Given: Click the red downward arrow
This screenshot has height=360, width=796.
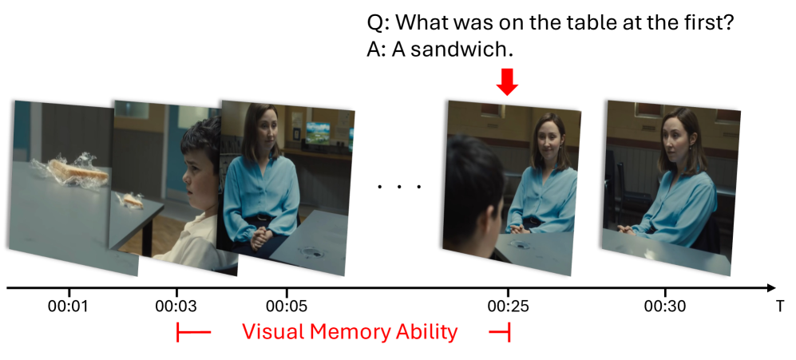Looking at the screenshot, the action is click(x=507, y=81).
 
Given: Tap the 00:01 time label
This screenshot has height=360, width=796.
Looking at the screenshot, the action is click(x=69, y=307).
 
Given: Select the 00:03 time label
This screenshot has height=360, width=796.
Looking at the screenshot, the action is click(x=176, y=307).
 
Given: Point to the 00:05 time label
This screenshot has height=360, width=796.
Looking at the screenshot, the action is click(x=287, y=307).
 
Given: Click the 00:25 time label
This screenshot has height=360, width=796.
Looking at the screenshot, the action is click(x=508, y=307).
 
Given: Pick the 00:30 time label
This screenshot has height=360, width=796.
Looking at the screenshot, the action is click(x=664, y=307).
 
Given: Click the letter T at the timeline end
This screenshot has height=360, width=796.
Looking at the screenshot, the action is click(x=779, y=307).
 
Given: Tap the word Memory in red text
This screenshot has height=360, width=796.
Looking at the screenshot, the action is click(x=349, y=333).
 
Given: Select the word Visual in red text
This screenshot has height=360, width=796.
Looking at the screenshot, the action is click(x=272, y=332).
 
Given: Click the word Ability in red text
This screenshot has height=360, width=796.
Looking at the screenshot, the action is click(x=427, y=333).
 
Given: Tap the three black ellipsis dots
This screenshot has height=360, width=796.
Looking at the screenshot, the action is click(x=399, y=187).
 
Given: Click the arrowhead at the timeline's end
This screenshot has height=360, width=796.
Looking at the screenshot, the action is click(x=771, y=288).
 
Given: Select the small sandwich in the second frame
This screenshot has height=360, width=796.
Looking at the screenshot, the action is click(x=130, y=200).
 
